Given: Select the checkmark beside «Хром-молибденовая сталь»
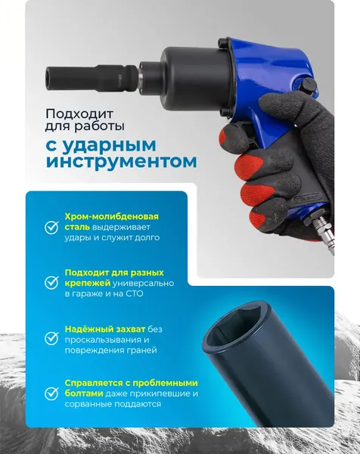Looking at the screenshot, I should pos(51,226).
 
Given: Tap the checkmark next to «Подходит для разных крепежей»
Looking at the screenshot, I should pos(51,282).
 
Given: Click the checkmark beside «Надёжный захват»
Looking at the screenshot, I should pos(51,338).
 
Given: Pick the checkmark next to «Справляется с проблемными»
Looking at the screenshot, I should pos(51,393).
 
